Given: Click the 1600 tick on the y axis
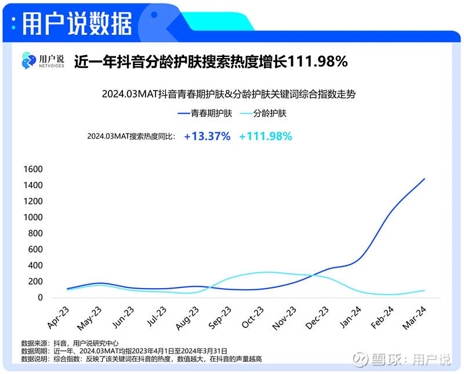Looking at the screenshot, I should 32,169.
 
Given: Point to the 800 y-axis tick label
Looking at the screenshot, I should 35,233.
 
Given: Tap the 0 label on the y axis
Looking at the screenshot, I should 41,297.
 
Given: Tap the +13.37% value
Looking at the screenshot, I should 207,136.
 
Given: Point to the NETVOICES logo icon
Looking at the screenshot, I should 28,60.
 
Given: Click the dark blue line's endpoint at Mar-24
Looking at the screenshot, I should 425,179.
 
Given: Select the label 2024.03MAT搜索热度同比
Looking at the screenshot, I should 130,136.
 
